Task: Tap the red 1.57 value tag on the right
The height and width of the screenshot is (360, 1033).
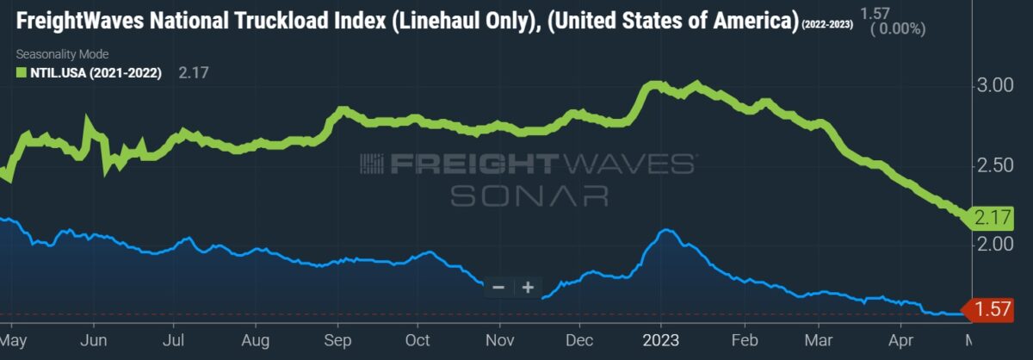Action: (x=992, y=309)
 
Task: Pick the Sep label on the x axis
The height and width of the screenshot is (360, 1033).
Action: (x=337, y=340)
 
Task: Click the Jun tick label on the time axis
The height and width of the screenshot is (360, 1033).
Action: (x=94, y=340)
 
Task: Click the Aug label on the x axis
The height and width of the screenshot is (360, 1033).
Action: (x=256, y=340)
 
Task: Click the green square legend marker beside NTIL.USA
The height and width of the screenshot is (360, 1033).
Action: (x=22, y=72)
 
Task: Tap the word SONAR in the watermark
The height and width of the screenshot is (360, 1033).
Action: (x=529, y=196)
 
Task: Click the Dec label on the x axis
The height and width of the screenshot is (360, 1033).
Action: (x=579, y=340)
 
